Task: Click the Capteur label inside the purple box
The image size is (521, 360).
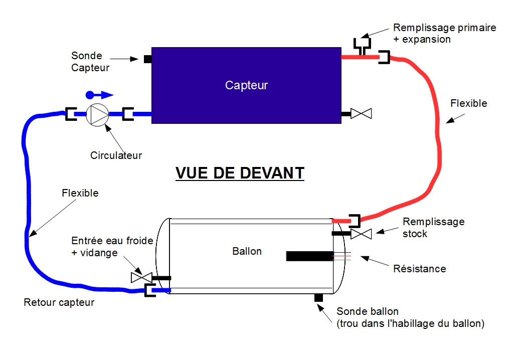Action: click(246, 85)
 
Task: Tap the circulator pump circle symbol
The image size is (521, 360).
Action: click(97, 115)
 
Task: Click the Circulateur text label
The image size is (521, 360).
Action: click(116, 155)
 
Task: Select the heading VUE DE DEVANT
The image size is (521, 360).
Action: click(240, 172)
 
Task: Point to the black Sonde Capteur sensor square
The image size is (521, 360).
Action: click(148, 59)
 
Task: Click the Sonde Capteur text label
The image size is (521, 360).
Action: click(90, 62)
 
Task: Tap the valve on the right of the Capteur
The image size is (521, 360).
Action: click(361, 114)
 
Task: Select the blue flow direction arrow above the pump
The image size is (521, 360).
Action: click(100, 94)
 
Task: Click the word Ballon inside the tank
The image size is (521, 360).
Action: click(247, 251)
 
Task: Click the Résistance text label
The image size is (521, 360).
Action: click(419, 269)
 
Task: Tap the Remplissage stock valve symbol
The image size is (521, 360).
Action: click(361, 234)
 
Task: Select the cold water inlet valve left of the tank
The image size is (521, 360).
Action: click(141, 277)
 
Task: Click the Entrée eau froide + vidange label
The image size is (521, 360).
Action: click(112, 247)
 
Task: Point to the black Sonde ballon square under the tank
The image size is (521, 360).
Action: click(318, 298)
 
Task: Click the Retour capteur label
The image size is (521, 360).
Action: click(59, 302)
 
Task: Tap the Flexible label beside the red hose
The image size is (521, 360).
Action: click(468, 104)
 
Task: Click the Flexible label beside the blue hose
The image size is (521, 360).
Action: click(80, 193)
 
